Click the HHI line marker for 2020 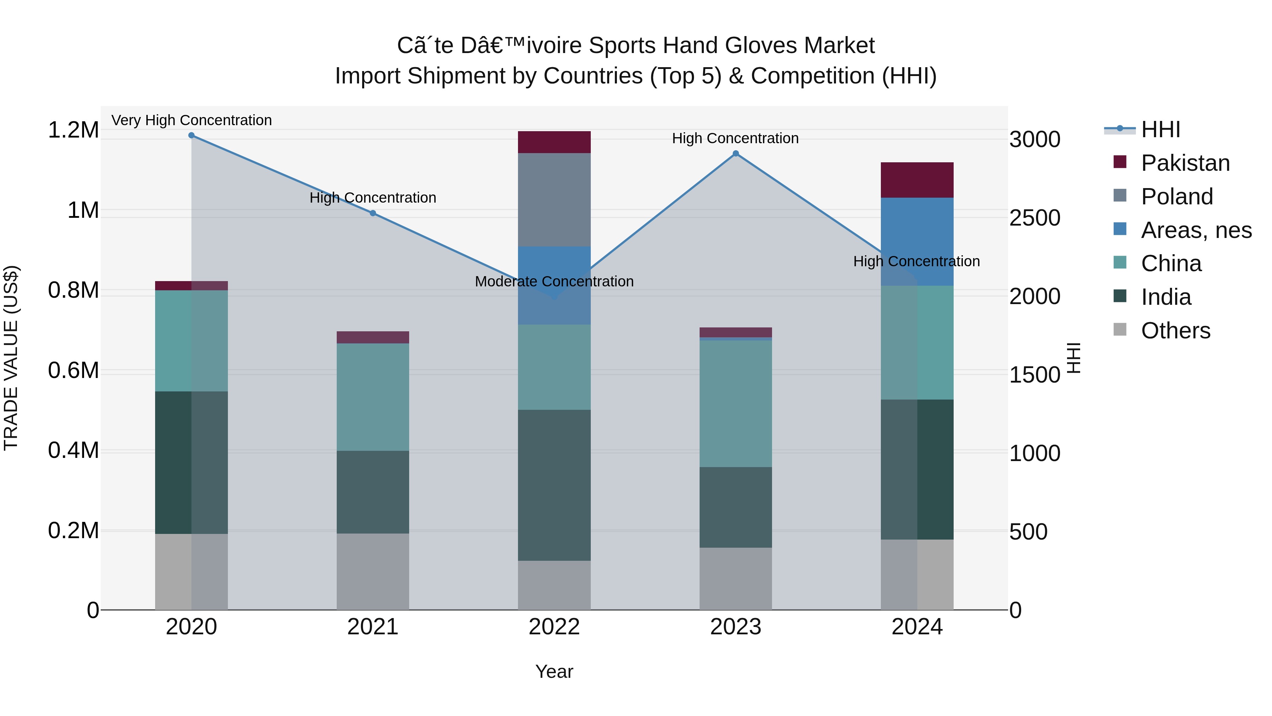pyautogui.click(x=192, y=135)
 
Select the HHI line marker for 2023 pyautogui.click(x=735, y=154)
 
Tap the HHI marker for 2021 pyautogui.click(x=373, y=213)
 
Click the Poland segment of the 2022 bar pyautogui.click(x=554, y=200)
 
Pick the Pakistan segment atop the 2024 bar pyautogui.click(x=917, y=180)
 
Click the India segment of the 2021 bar pyautogui.click(x=373, y=492)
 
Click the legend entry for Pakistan pyautogui.click(x=1185, y=163)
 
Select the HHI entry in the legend pyautogui.click(x=1160, y=129)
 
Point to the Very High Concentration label pyautogui.click(x=192, y=121)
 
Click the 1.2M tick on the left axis pyautogui.click(x=73, y=130)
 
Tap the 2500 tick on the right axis pyautogui.click(x=1035, y=218)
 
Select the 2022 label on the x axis pyautogui.click(x=554, y=627)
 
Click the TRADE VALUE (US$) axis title pyautogui.click(x=11, y=358)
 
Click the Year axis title pyautogui.click(x=554, y=671)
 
